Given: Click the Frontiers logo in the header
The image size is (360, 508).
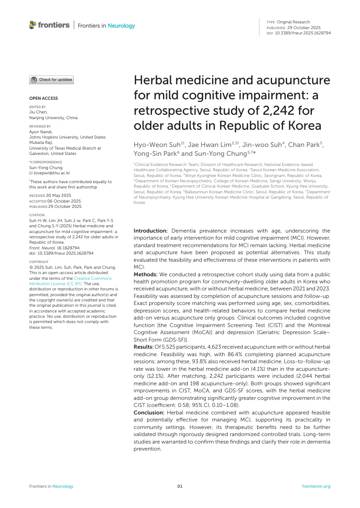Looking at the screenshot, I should pyautogui.click(x=49, y=25).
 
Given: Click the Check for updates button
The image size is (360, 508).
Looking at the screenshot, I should pyautogui.click(x=51, y=80).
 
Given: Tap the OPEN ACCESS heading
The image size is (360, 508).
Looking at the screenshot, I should pyautogui.click(x=43, y=98).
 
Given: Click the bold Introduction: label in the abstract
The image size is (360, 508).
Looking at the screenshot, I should pyautogui.click(x=151, y=231).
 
